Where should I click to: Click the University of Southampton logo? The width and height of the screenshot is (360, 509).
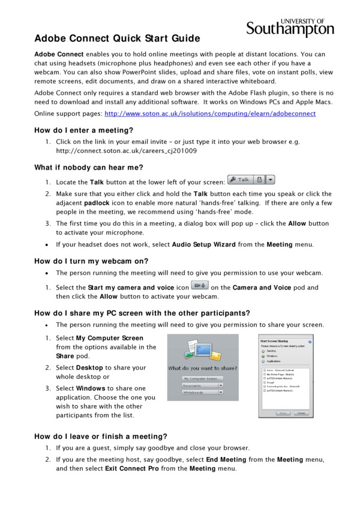[x=290, y=27]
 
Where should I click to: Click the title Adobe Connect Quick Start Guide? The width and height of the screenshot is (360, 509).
[x=117, y=38]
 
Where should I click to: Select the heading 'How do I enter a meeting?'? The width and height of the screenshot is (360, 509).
[x=83, y=129]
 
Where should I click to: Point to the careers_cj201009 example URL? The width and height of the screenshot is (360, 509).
[x=126, y=151]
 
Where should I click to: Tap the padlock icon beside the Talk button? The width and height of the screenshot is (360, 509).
[x=259, y=179]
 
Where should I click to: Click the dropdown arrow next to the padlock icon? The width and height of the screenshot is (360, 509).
[x=270, y=179]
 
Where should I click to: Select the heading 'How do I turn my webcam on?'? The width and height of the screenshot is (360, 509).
[x=91, y=261]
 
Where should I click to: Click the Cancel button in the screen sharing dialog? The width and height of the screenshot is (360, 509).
[x=302, y=413]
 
